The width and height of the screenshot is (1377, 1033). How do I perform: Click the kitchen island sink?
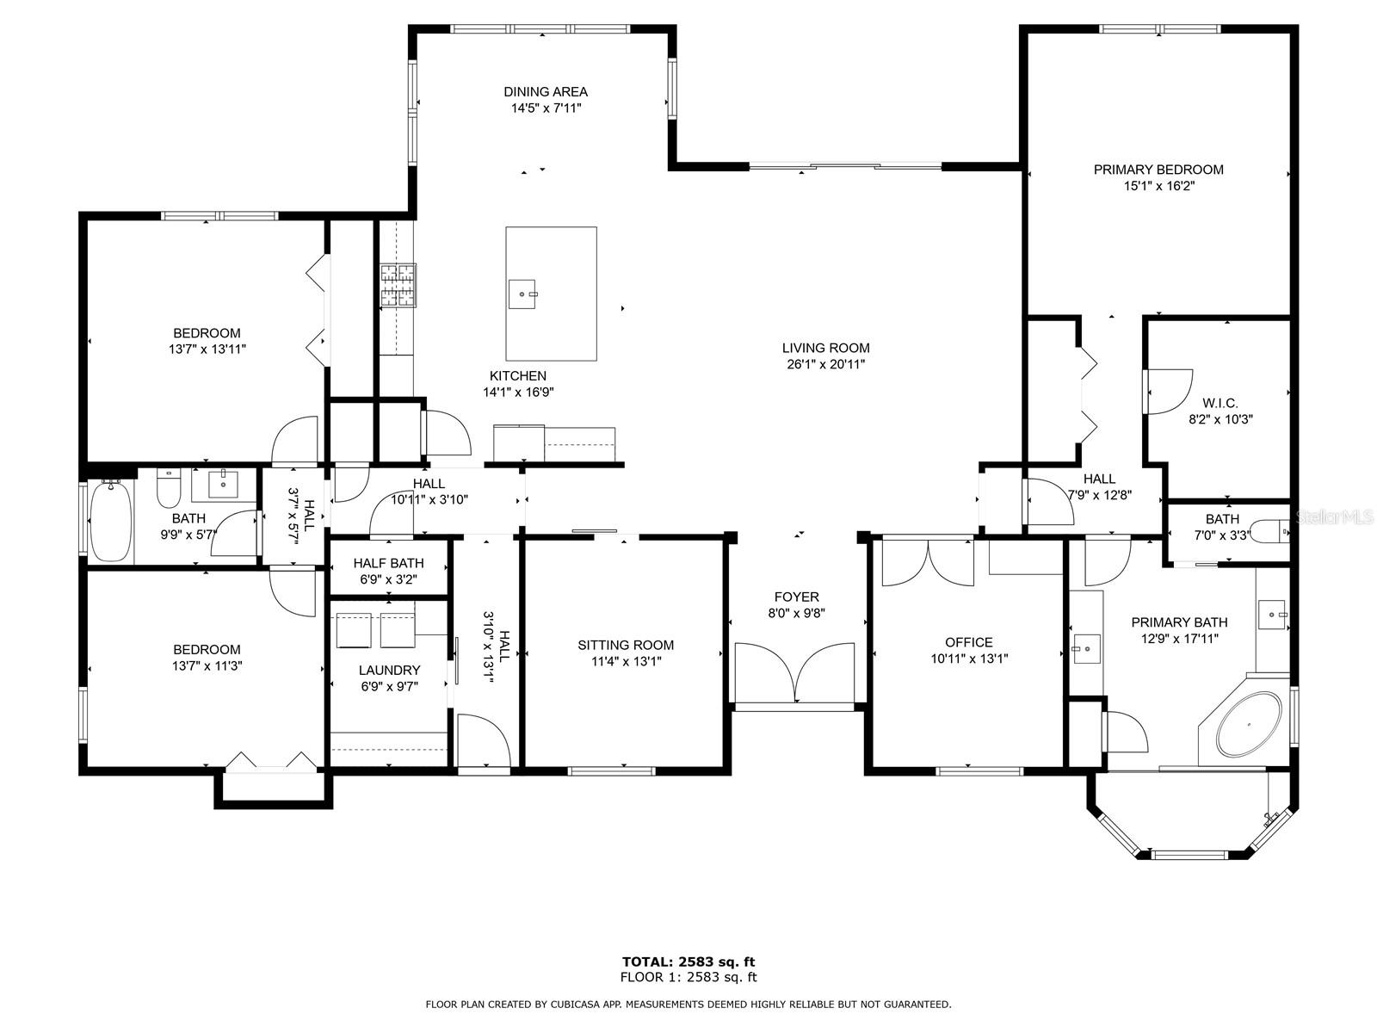coord(522,294)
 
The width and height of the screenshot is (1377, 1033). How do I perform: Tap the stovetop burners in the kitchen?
coord(398,286)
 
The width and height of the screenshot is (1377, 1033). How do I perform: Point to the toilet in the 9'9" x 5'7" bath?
coord(168,487)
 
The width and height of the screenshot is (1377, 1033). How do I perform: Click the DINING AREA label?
coord(546,92)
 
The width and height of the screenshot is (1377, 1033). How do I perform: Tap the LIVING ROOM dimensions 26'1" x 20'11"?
coord(826,364)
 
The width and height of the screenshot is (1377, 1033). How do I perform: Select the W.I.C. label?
coord(1220,403)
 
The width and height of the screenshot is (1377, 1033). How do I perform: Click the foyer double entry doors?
coord(795,673)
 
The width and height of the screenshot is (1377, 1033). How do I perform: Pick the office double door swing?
coord(929,563)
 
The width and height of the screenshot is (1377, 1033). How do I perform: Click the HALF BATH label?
coord(388,563)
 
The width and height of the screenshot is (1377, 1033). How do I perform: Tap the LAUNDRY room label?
coord(390,671)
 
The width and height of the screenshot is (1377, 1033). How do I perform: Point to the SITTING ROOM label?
coord(626,645)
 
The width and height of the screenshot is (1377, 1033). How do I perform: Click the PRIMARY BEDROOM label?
coord(1158,170)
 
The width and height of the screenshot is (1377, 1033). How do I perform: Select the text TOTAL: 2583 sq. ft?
coord(688,962)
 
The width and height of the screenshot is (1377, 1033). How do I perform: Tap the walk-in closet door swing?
coord(1168,392)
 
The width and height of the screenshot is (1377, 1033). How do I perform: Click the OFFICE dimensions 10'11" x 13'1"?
coord(969,659)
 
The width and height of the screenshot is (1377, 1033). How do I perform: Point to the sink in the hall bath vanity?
coord(223,484)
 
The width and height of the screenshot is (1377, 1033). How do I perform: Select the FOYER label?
coord(797,597)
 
